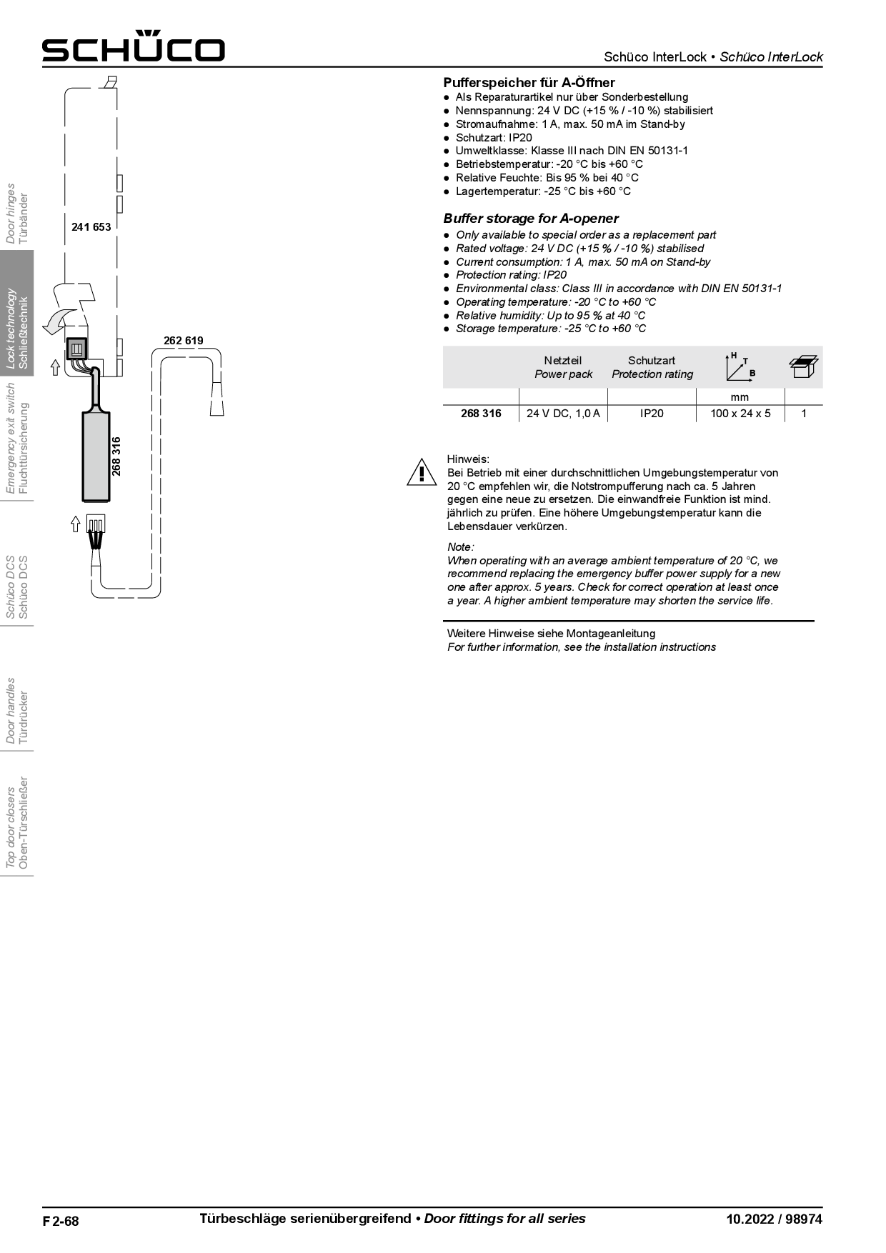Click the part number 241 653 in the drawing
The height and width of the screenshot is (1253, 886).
pos(91,227)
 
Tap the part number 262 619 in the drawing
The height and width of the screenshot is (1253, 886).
pos(184,341)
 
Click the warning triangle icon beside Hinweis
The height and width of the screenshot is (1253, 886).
pos(422,473)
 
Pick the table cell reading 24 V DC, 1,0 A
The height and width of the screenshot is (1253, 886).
pos(563,414)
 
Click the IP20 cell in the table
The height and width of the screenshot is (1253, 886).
pos(652,414)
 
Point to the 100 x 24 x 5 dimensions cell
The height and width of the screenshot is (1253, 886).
pos(740,414)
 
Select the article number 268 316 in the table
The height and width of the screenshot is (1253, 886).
pos(481,414)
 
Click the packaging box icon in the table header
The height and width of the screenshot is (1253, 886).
pos(804,366)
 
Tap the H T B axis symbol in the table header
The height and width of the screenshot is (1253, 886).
pos(740,366)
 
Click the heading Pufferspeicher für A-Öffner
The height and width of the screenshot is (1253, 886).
pos(529,83)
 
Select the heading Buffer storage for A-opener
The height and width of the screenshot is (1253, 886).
pos(531,219)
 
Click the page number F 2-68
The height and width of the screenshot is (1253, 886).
pos(61,1221)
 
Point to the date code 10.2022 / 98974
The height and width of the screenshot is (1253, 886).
pos(774,1219)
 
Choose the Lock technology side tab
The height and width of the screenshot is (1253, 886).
pos(17,328)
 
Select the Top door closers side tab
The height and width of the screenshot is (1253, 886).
pos(17,827)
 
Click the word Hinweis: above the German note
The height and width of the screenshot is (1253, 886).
pos(468,459)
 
